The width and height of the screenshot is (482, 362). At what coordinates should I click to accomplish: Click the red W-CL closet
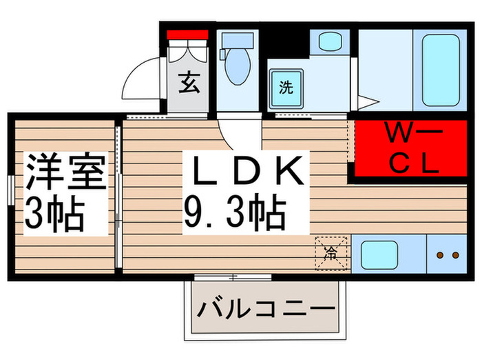click(x=411, y=148)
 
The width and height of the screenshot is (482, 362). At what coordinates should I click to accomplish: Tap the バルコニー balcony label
click(x=266, y=308)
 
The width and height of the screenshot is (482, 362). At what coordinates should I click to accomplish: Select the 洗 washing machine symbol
click(x=286, y=88)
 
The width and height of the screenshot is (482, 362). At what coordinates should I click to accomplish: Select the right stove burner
click(x=456, y=255)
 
